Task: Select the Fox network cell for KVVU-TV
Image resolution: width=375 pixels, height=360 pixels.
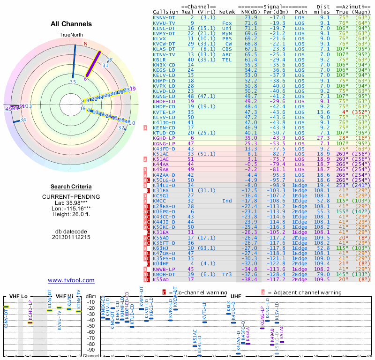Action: [x=227, y=22]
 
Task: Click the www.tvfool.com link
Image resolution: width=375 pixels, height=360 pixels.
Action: [x=71, y=280]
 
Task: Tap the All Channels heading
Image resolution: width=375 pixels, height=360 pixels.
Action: [x=71, y=24]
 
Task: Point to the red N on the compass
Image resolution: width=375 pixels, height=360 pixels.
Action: [x=85, y=44]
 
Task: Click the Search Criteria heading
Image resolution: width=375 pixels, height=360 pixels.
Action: [x=71, y=187]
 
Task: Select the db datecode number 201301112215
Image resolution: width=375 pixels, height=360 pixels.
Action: [x=71, y=237]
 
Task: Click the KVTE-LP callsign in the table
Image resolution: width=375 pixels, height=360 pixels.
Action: [x=164, y=112]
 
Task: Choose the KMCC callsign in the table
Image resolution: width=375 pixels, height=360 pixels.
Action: [x=160, y=201]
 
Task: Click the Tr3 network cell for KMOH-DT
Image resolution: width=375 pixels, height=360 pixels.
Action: [x=227, y=275]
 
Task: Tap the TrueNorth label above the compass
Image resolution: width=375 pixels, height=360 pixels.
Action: [x=71, y=35]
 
